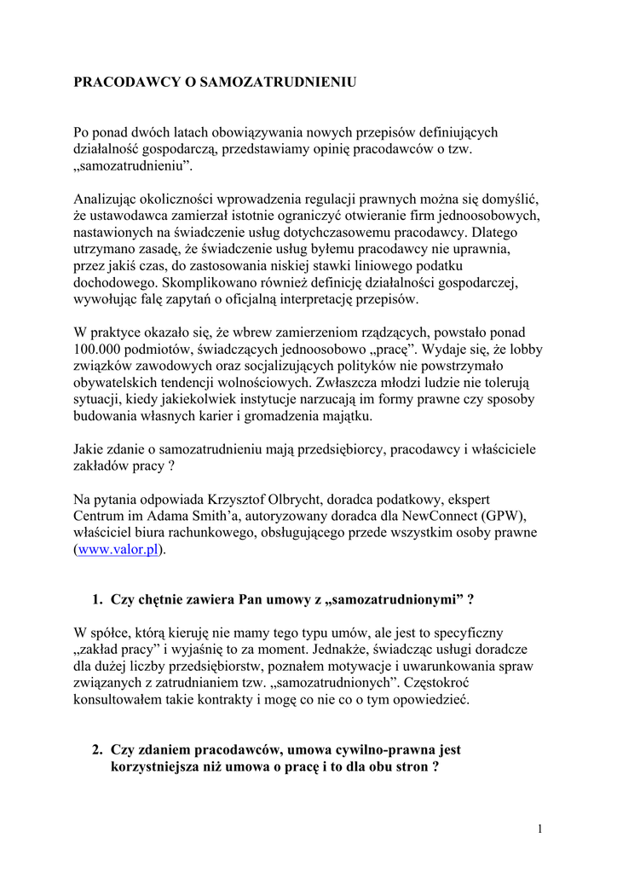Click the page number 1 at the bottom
tap(540, 828)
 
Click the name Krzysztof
tap(237, 497)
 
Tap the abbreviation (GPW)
tap(500, 515)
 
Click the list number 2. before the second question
tap(97, 750)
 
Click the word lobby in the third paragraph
tap(526, 350)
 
